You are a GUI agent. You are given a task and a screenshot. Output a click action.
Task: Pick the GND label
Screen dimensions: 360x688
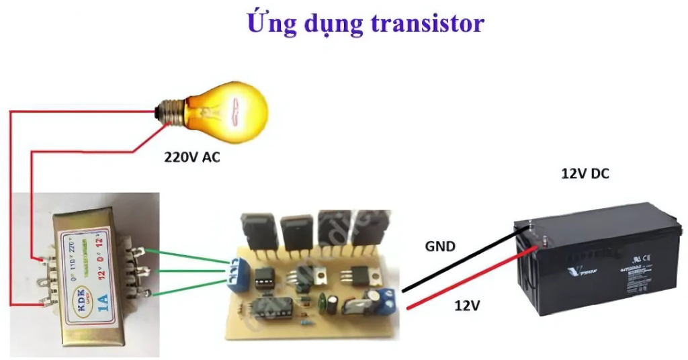440,246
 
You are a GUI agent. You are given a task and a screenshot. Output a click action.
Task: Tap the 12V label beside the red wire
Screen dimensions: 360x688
467,305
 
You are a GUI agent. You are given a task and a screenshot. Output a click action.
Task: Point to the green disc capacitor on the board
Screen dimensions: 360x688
333,304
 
